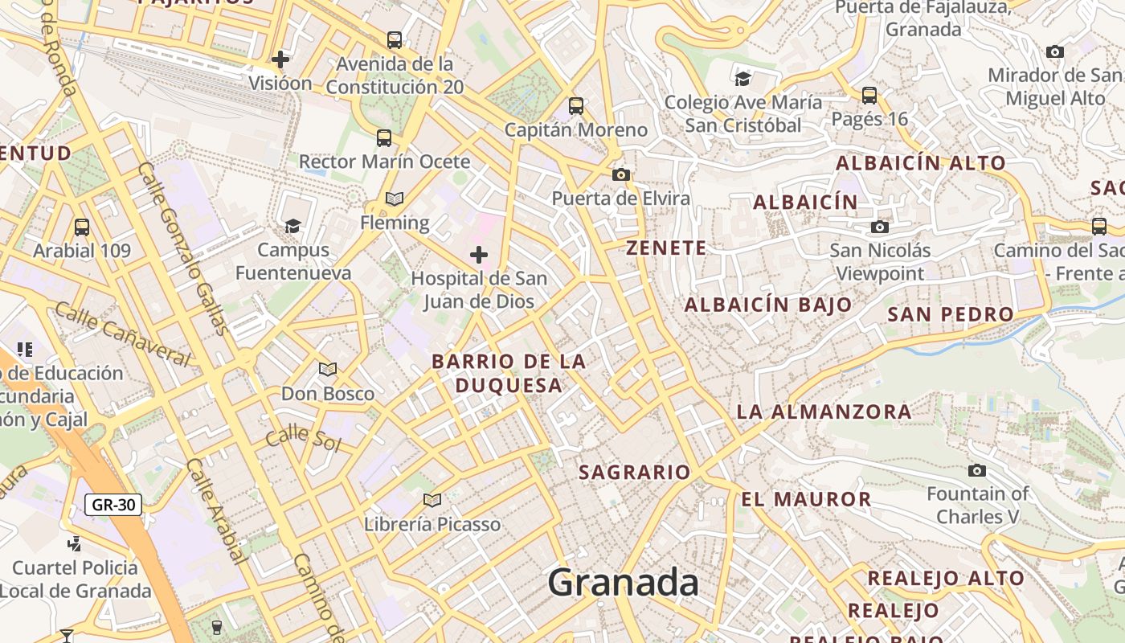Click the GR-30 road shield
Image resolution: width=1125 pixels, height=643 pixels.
pyautogui.click(x=113, y=505)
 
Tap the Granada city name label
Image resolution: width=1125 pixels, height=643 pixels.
pyautogui.click(x=623, y=583)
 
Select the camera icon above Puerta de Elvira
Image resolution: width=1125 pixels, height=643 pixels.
pyautogui.click(x=620, y=174)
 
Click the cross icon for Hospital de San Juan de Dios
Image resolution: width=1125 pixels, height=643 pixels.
pyautogui.click(x=479, y=256)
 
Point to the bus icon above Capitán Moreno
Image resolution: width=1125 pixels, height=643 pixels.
pyautogui.click(x=576, y=105)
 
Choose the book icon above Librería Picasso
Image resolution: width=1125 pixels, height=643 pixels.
pyautogui.click(x=432, y=501)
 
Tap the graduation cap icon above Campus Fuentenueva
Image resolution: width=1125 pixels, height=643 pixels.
pyautogui.click(x=292, y=226)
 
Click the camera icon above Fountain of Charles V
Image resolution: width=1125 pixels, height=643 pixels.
pyautogui.click(x=977, y=470)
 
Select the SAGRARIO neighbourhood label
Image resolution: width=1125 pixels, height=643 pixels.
pyautogui.click(x=635, y=473)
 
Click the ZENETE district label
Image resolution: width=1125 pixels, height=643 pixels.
pyautogui.click(x=667, y=248)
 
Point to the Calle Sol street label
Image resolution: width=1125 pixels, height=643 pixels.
pyautogui.click(x=303, y=439)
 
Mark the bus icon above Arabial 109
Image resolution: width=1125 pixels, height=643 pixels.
pyautogui.click(x=81, y=227)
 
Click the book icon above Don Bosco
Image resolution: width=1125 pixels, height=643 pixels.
pyautogui.click(x=327, y=369)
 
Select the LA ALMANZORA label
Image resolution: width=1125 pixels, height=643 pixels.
pyautogui.click(x=824, y=412)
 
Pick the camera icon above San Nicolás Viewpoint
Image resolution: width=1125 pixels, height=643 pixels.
pyautogui.click(x=880, y=227)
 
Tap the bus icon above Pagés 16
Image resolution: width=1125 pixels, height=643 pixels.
pyautogui.click(x=869, y=95)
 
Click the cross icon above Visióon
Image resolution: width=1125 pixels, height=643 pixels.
pyautogui.click(x=280, y=59)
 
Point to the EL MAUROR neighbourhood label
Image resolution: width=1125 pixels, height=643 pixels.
pyautogui.click(x=806, y=499)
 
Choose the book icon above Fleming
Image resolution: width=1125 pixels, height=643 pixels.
pyautogui.click(x=394, y=199)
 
